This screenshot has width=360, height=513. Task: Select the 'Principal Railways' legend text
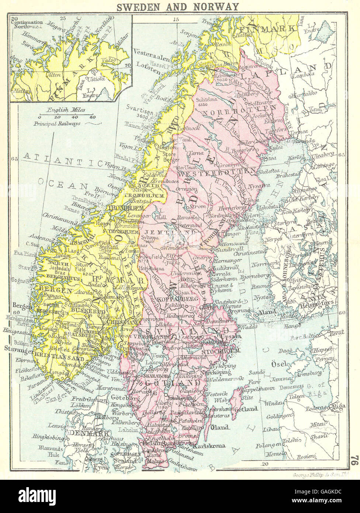point(58,124)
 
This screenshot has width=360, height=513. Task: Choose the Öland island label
point(219,427)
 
